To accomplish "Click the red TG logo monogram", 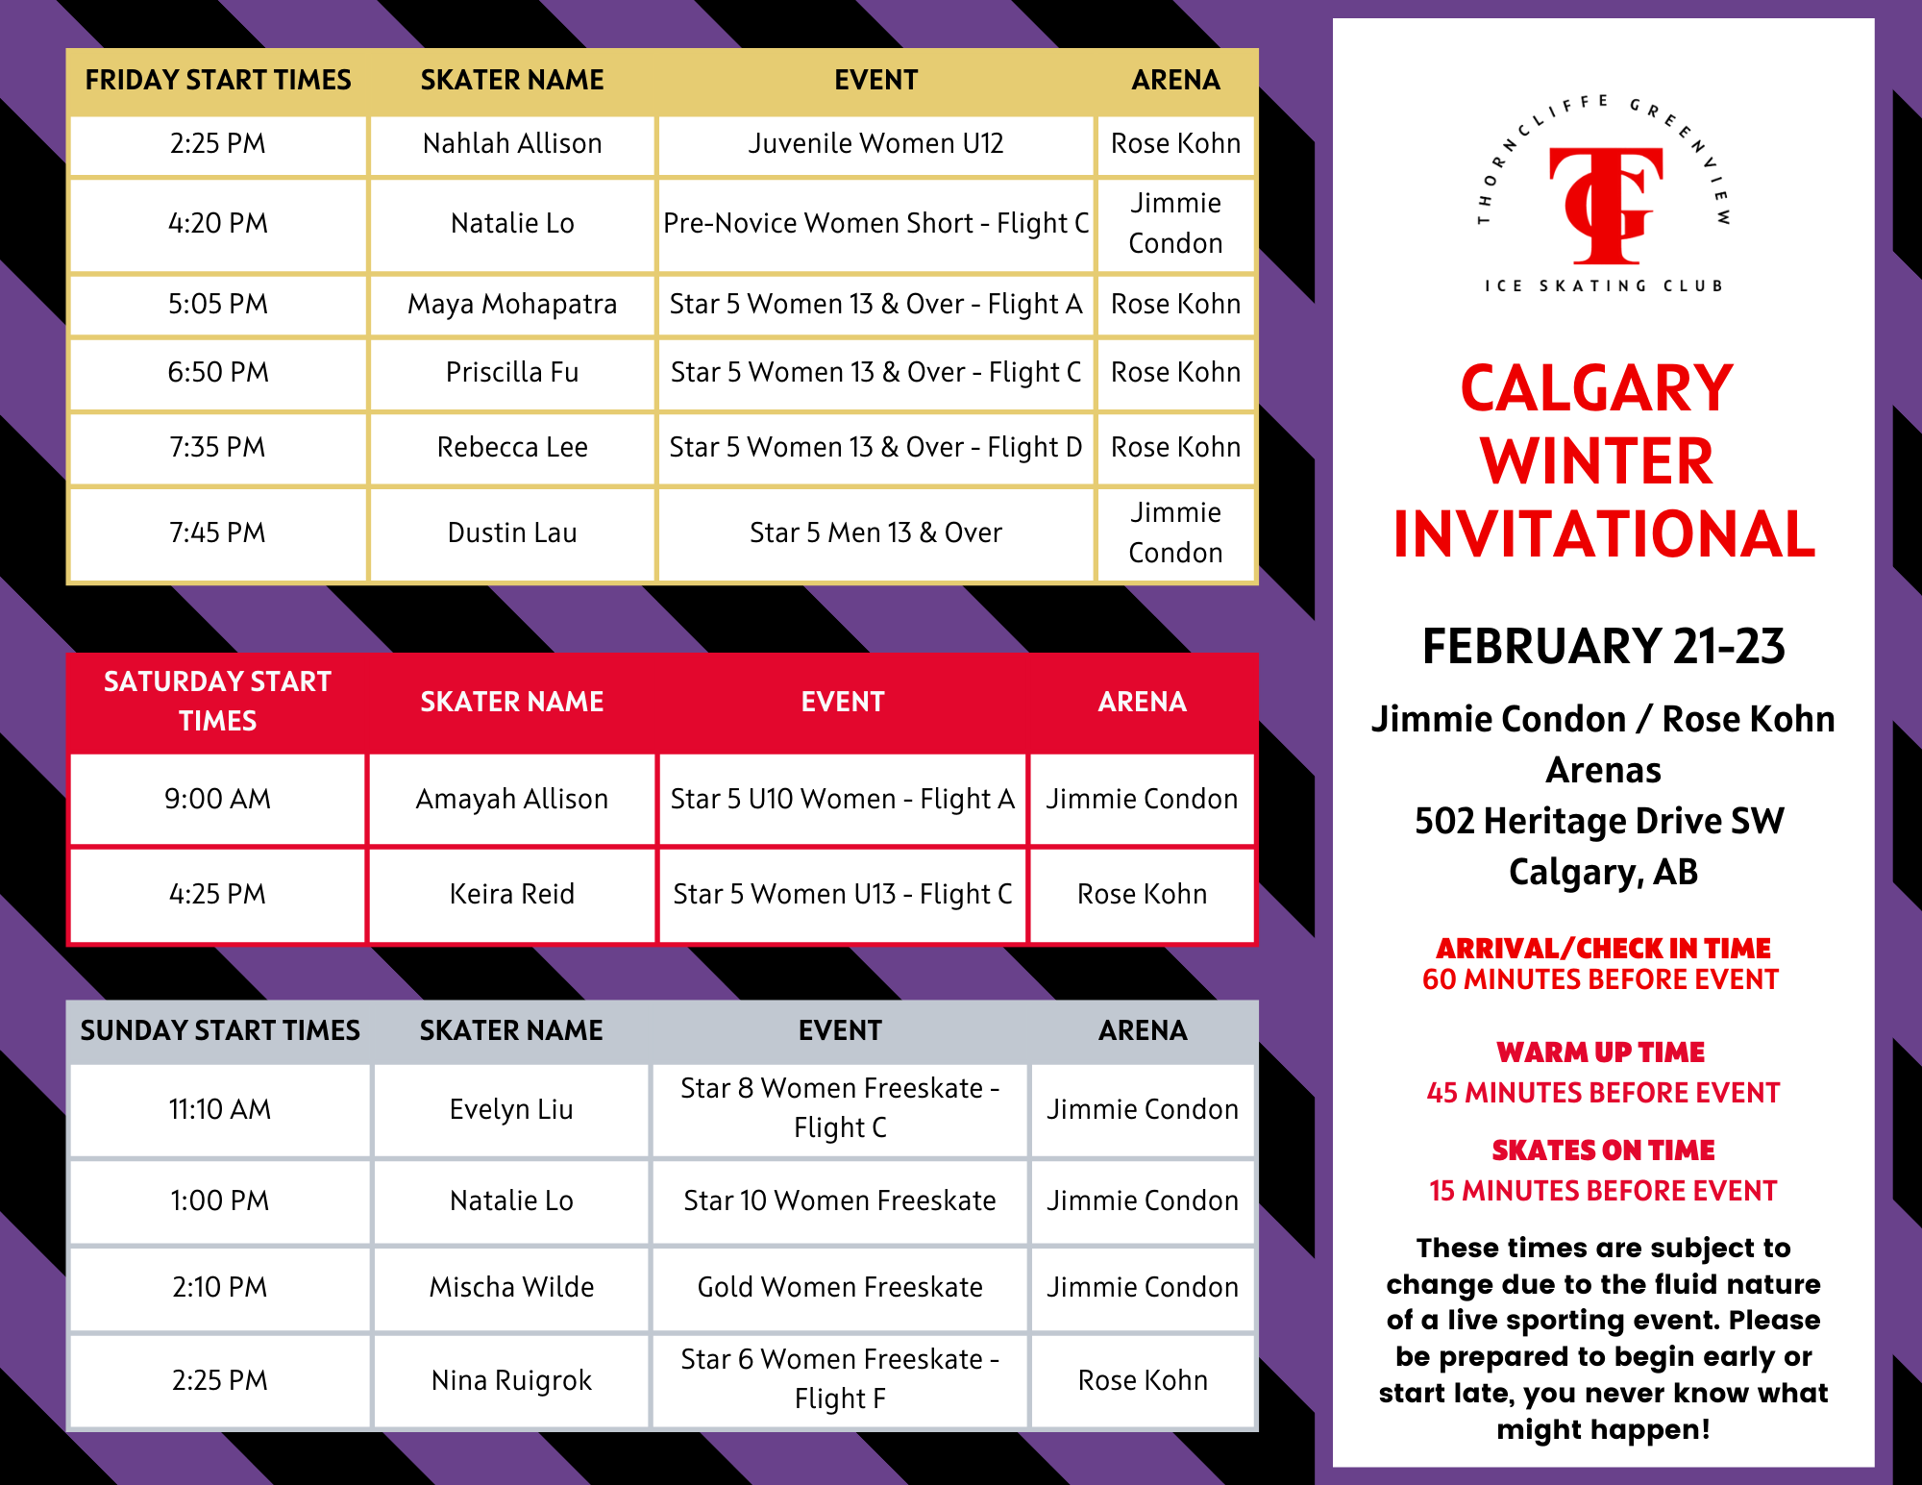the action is click(x=1606, y=206).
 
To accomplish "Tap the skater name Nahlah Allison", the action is click(x=512, y=143).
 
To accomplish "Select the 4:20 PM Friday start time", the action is click(x=218, y=223).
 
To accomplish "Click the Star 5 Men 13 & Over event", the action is click(x=875, y=532).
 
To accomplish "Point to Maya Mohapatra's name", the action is click(x=512, y=304).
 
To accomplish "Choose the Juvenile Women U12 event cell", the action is click(x=875, y=143).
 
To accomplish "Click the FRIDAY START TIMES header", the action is click(x=218, y=80).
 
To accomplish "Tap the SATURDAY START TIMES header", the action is click(x=218, y=701).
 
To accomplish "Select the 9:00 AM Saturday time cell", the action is click(x=218, y=799).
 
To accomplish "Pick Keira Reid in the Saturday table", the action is click(x=512, y=894).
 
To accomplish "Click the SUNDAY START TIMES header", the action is click(x=220, y=1030).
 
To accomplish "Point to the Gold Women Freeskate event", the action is click(x=840, y=1287).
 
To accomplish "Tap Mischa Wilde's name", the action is click(x=512, y=1287).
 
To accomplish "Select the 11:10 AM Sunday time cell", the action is click(x=220, y=1109).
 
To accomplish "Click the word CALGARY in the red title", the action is click(x=1596, y=388).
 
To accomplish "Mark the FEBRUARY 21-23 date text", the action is click(x=1604, y=646).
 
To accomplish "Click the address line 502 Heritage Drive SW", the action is click(x=1600, y=821).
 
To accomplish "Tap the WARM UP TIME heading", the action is click(x=1601, y=1052).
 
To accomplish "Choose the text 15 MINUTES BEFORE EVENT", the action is click(x=1603, y=1191).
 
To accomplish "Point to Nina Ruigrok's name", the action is click(x=512, y=1380).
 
